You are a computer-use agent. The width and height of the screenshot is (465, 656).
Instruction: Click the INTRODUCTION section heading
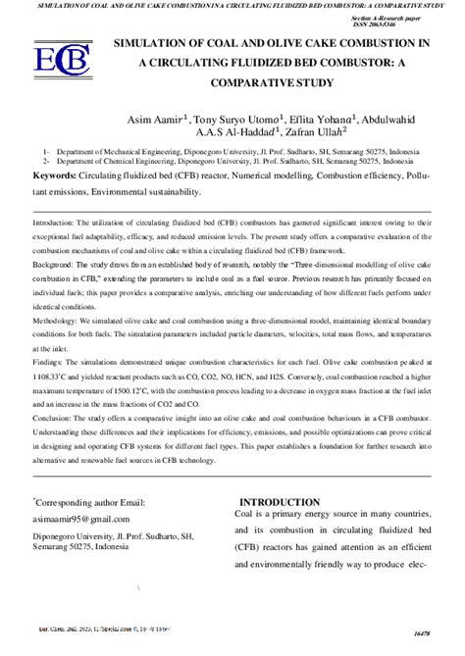click(293, 502)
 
